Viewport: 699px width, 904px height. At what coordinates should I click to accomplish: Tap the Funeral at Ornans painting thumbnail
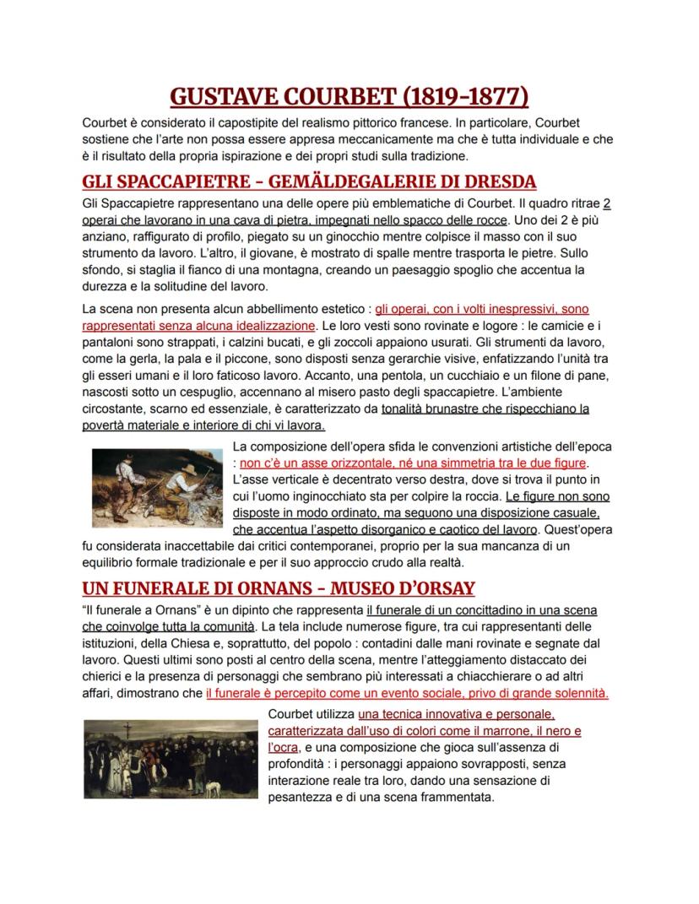click(x=171, y=758)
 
